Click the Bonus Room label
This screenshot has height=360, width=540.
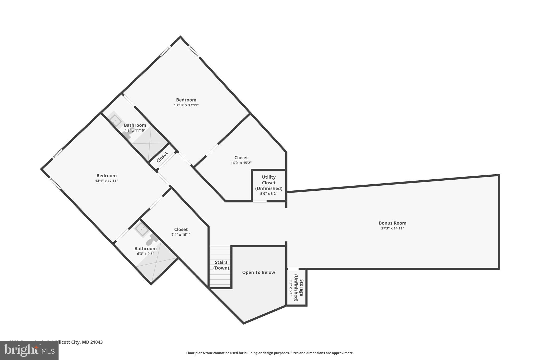[392, 223]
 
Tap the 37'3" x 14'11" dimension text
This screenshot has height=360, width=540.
[392, 228]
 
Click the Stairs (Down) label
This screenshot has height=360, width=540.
[221, 265]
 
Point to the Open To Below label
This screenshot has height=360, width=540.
[258, 272]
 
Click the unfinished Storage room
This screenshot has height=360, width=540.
[297, 287]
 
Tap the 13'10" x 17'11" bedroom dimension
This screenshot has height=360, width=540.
[186, 105]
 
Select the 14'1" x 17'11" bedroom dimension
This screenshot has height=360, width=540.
[107, 181]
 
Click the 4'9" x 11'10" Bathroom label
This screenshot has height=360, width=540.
[135, 125]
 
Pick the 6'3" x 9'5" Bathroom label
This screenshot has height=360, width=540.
[145, 248]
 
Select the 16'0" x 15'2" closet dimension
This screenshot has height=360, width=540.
[241, 163]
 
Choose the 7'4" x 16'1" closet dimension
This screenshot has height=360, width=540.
[181, 234]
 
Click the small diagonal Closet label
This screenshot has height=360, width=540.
[162, 157]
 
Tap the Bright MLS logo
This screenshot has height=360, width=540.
[29, 351]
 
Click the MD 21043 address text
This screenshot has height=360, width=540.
[92, 342]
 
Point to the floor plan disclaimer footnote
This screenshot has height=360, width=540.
[270, 353]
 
